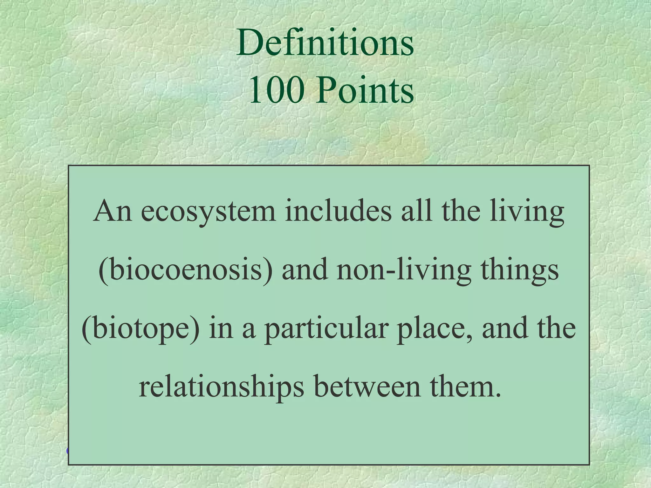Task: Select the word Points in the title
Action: [365, 91]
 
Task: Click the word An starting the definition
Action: [112, 211]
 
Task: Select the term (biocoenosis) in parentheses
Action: [185, 270]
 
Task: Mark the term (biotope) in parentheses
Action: [141, 329]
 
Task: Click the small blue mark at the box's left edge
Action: [67, 451]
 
